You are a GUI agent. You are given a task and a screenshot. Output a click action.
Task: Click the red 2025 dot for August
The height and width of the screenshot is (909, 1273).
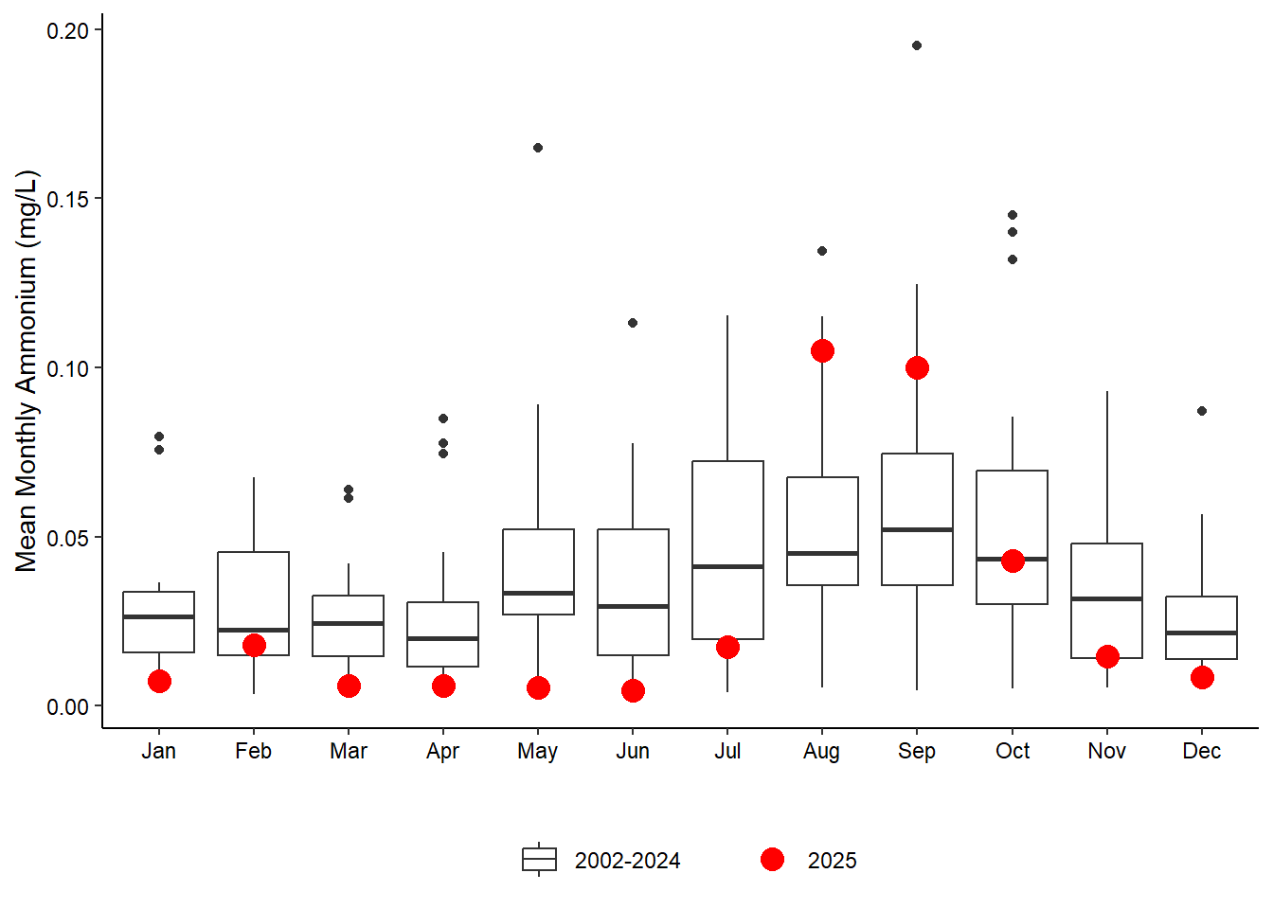[822, 351]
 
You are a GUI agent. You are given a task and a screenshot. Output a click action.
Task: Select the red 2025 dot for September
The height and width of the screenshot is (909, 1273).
[917, 368]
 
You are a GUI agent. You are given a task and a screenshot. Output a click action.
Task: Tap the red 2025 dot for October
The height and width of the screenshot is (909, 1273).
[1013, 561]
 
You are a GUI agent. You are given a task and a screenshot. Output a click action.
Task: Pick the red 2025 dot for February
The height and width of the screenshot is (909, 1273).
[254, 646]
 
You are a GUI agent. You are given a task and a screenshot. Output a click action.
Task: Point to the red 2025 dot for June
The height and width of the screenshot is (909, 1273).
[633, 691]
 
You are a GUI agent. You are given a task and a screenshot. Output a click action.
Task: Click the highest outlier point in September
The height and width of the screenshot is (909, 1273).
[917, 45]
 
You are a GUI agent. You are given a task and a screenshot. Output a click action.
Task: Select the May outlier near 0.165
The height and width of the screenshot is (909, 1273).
[538, 148]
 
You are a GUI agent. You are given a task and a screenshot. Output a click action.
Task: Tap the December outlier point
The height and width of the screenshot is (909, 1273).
[1202, 411]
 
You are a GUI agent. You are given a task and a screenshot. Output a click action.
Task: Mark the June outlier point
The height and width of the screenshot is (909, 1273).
[633, 323]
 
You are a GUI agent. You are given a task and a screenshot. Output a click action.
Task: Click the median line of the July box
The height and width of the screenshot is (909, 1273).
[727, 566]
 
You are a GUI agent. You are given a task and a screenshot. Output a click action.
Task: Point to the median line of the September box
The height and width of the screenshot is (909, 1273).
[917, 529]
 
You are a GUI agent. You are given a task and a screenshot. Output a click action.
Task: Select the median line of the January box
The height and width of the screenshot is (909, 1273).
[159, 616]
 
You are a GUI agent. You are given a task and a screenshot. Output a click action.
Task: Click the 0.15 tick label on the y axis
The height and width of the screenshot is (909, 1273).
[67, 199]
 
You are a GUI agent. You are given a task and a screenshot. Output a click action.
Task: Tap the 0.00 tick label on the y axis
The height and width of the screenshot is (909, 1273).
[67, 707]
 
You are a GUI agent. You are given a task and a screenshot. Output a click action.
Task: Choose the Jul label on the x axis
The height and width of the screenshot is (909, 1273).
[727, 751]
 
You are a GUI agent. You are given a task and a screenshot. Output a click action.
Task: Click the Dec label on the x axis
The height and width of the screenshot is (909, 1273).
[1202, 751]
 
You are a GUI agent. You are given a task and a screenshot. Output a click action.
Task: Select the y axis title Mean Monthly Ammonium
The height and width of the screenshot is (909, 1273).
[27, 371]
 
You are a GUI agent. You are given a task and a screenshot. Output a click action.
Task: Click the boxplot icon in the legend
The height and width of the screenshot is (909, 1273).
[539, 860]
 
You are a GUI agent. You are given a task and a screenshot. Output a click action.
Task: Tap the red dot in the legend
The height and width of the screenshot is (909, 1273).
[772, 860]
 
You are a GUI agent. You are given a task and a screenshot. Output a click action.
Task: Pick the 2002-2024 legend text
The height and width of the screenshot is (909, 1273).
[627, 861]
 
